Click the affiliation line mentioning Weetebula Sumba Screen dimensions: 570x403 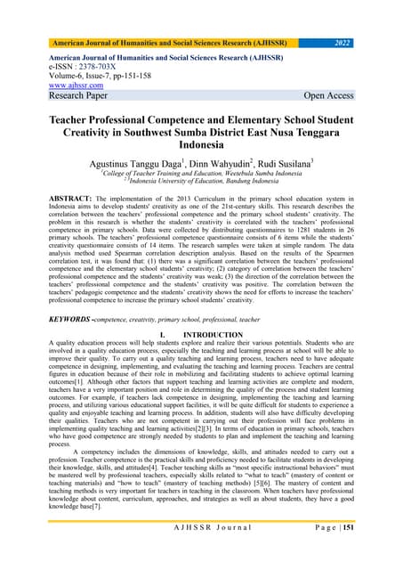pos(201,177)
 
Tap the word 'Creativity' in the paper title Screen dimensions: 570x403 pos(83,134)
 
